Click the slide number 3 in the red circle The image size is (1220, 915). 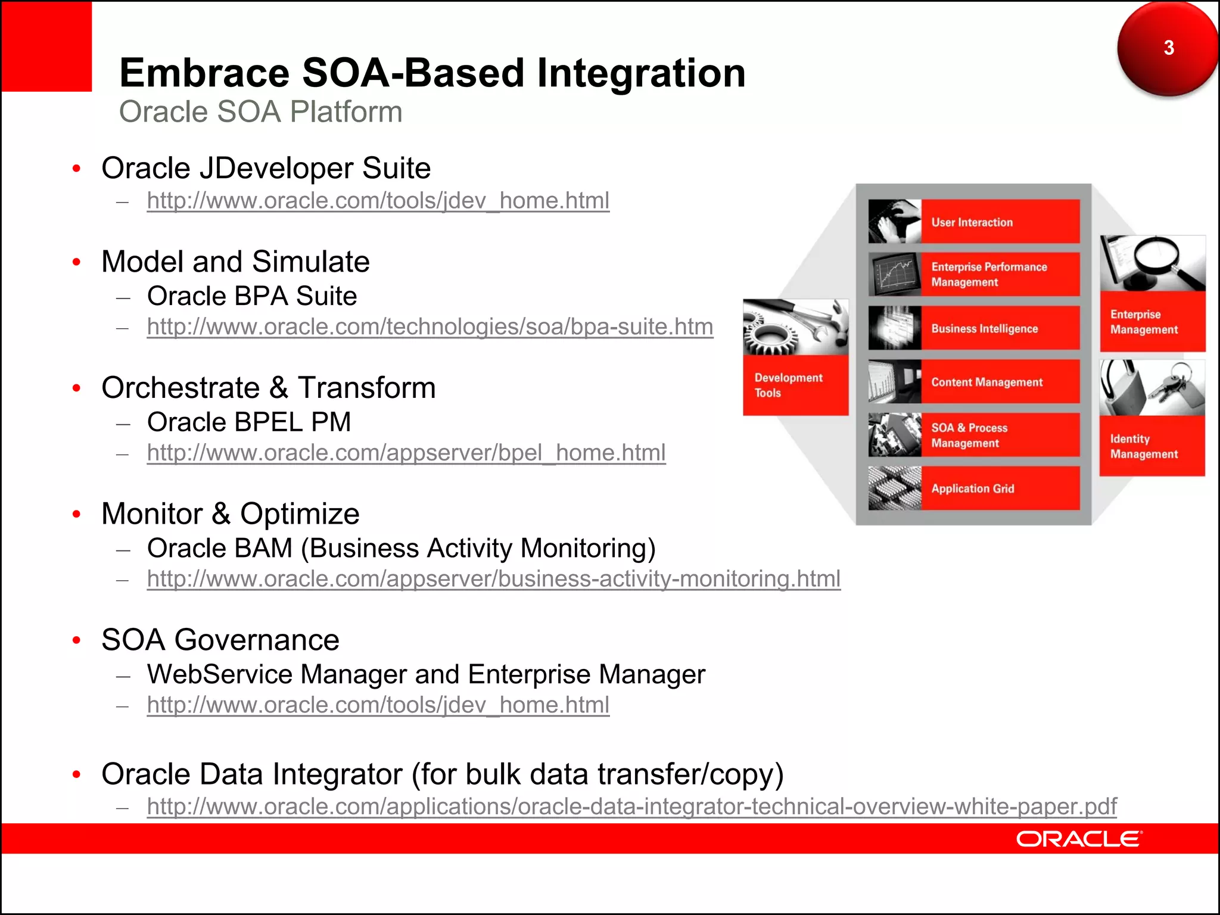[x=1168, y=48]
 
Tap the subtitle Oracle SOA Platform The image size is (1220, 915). [x=260, y=112]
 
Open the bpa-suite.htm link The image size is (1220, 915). [x=430, y=327]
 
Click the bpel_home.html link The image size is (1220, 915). [x=406, y=453]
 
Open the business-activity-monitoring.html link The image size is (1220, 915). [x=493, y=579]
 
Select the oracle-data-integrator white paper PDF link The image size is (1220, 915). [x=631, y=807]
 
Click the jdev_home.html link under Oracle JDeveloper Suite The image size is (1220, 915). [x=378, y=201]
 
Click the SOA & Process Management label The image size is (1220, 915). [x=969, y=435]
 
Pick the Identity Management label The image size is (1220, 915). [x=1143, y=446]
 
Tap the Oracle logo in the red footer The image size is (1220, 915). [x=1079, y=839]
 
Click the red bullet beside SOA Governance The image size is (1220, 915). [x=76, y=640]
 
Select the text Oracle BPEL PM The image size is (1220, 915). [x=249, y=422]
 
